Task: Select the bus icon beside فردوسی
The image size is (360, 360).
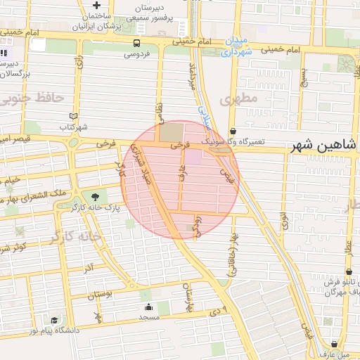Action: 136,43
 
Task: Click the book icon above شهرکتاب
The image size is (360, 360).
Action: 75,116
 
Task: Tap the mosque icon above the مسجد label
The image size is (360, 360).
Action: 148,307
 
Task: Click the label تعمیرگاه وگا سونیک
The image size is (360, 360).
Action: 233,141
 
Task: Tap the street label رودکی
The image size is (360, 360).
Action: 198,226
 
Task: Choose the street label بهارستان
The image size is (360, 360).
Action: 188,296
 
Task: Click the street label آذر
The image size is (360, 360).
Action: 89,269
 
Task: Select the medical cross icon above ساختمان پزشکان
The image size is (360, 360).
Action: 96,6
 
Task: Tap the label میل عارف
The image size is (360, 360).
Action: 334,354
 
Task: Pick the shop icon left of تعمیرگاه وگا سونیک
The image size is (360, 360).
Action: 233,131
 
